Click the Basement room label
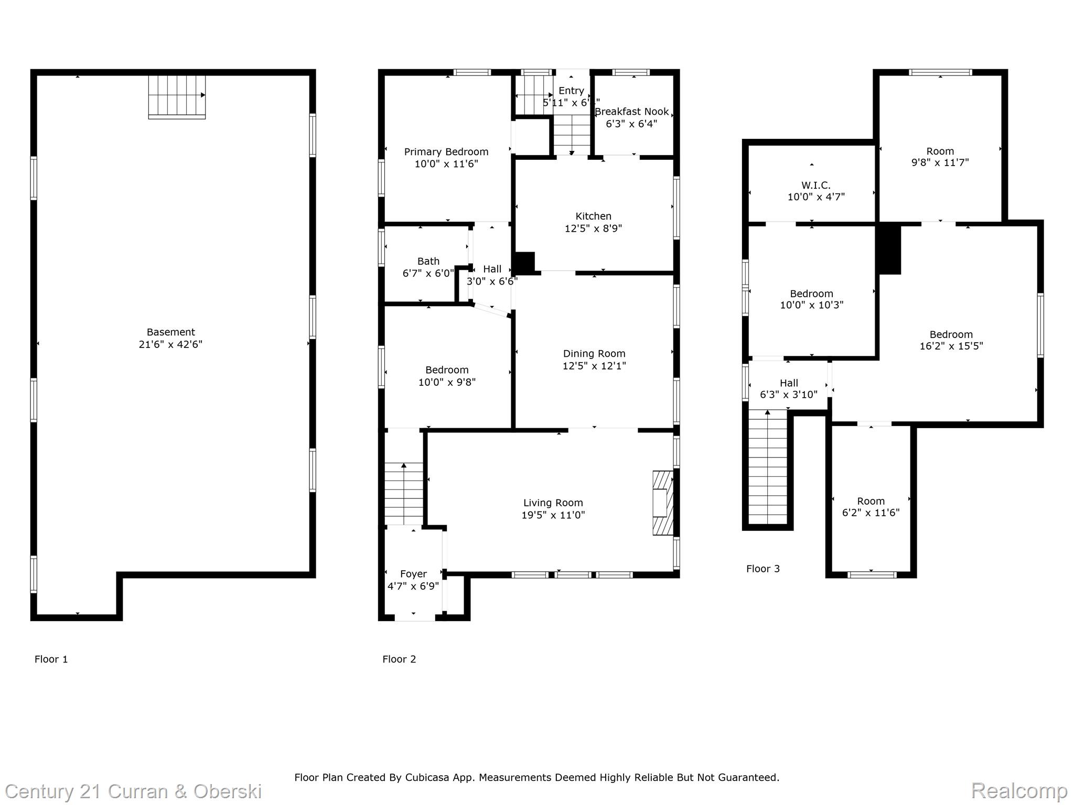point(170,332)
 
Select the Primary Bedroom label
point(446,152)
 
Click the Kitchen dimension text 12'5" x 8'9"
point(593,229)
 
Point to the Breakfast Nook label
point(631,112)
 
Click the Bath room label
point(428,261)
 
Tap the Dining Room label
point(594,354)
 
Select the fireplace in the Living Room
point(662,503)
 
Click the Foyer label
point(413,574)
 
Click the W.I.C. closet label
point(815,186)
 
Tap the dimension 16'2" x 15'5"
point(951,346)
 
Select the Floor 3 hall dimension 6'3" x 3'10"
point(789,395)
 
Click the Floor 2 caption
point(399,659)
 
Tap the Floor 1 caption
point(51,659)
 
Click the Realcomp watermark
point(1019,790)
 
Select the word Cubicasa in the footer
point(425,778)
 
